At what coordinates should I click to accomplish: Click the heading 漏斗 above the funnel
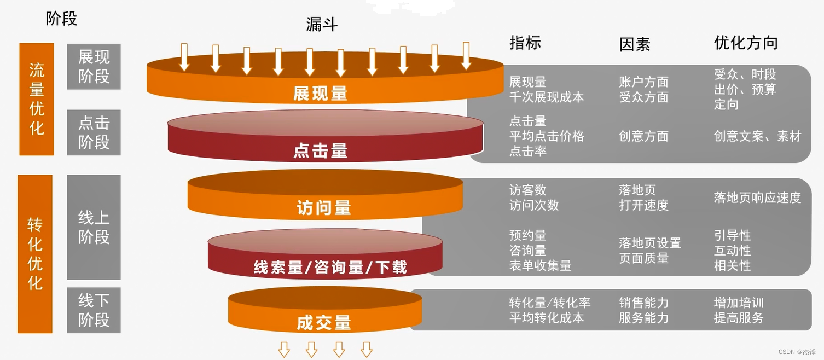click(322, 24)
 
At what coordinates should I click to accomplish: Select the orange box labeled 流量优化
click(37, 99)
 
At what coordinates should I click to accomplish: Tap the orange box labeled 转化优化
click(35, 254)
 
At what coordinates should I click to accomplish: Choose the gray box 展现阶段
click(94, 67)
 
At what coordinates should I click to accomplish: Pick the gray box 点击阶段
click(94, 132)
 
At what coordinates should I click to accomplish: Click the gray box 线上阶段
click(94, 227)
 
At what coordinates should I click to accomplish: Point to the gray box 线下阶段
click(94, 310)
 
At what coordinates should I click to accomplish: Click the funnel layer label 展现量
click(321, 94)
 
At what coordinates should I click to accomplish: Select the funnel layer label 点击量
click(321, 150)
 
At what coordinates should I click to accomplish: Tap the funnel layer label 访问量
click(324, 208)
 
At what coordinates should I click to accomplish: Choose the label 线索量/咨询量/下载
click(330, 267)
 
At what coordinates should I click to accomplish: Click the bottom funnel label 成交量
click(324, 323)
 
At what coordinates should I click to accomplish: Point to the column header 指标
click(525, 43)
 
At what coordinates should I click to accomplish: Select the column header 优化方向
click(746, 43)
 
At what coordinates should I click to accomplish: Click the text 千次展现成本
click(547, 97)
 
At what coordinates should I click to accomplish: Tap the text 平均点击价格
click(547, 136)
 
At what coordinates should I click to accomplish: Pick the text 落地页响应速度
click(757, 198)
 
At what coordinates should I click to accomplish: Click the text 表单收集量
click(541, 266)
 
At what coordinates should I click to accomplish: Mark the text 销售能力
click(643, 303)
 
